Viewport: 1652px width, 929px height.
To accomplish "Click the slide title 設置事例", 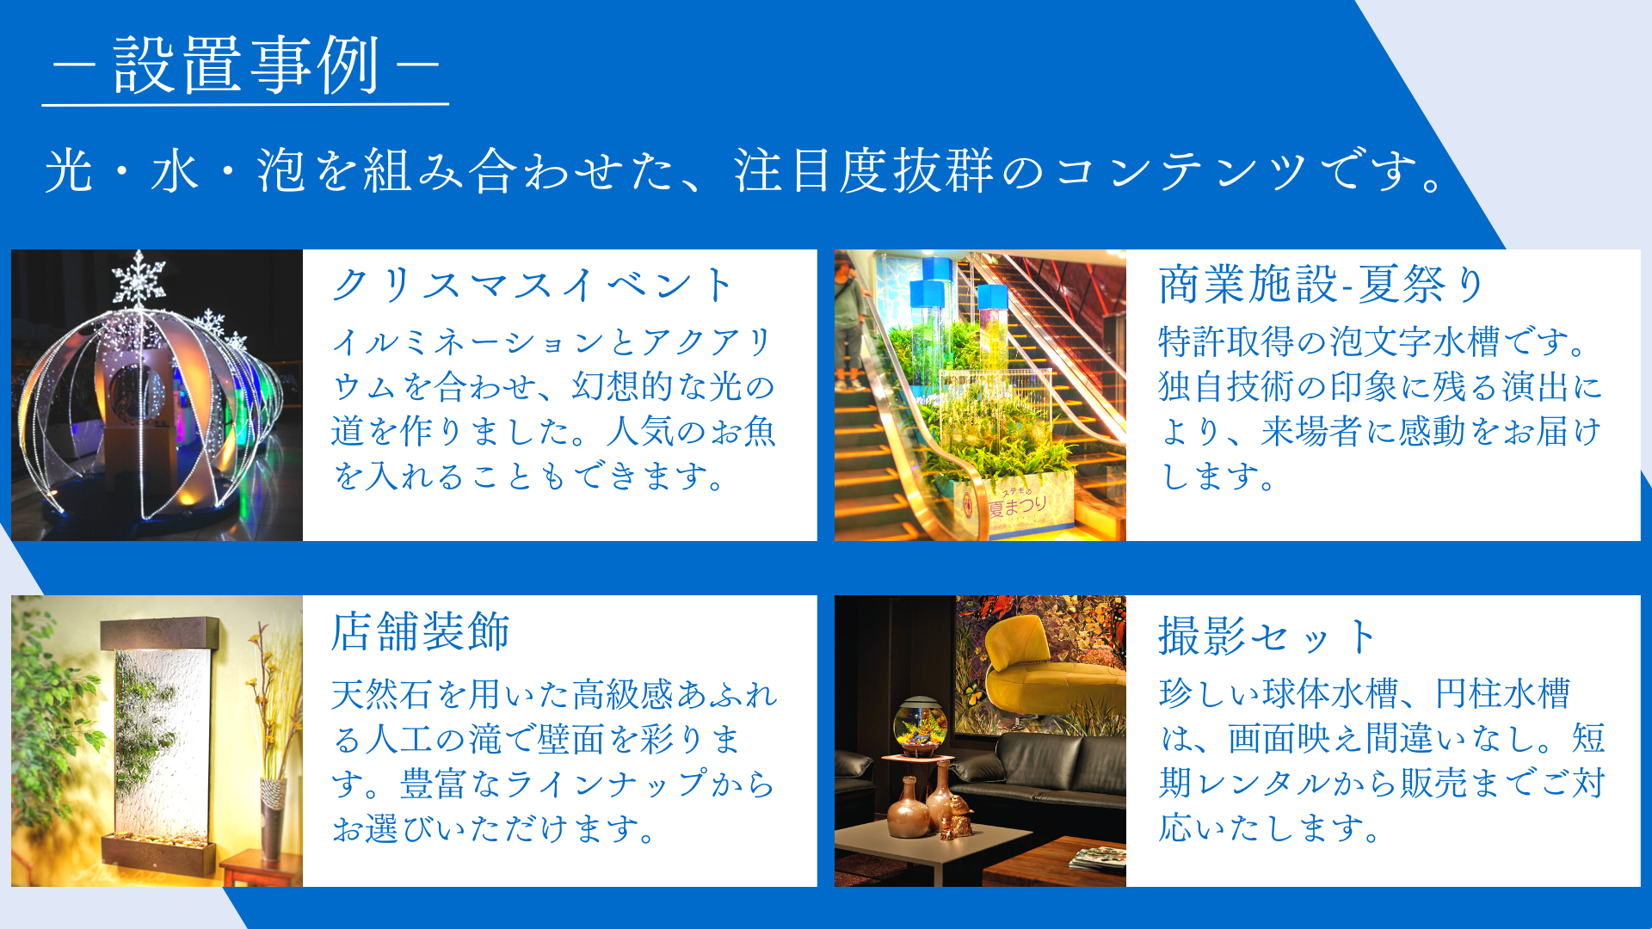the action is [x=246, y=65].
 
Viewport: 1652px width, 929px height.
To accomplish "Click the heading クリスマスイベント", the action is [x=533, y=285].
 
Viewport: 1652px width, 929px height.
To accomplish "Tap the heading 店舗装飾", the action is [x=421, y=631].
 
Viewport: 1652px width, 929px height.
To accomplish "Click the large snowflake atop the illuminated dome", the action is [x=139, y=277].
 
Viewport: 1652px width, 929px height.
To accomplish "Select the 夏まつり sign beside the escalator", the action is [x=1017, y=503].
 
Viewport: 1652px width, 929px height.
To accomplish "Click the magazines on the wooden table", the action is [x=1097, y=857].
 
